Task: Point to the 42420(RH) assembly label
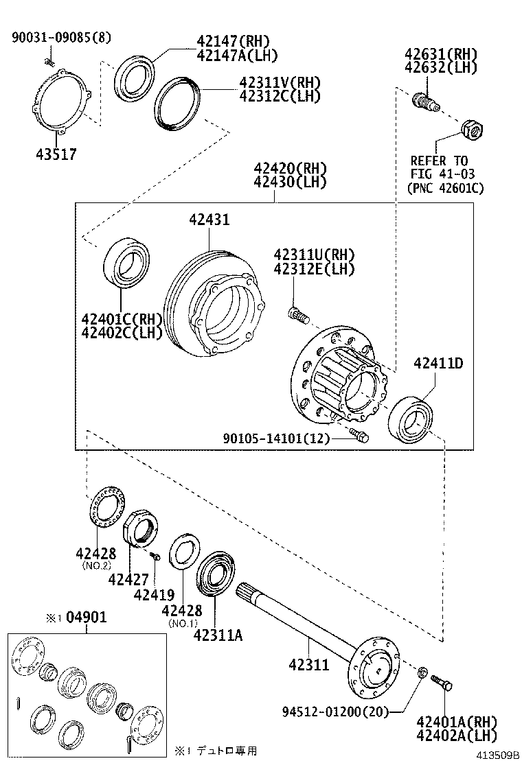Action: [289, 169]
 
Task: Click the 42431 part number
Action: [209, 220]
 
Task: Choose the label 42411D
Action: [438, 363]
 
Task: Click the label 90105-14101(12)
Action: [276, 437]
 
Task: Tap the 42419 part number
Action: [155, 595]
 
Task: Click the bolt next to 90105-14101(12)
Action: [358, 434]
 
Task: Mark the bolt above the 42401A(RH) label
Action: [440, 683]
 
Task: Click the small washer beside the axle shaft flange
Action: [423, 670]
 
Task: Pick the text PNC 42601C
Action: [445, 187]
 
